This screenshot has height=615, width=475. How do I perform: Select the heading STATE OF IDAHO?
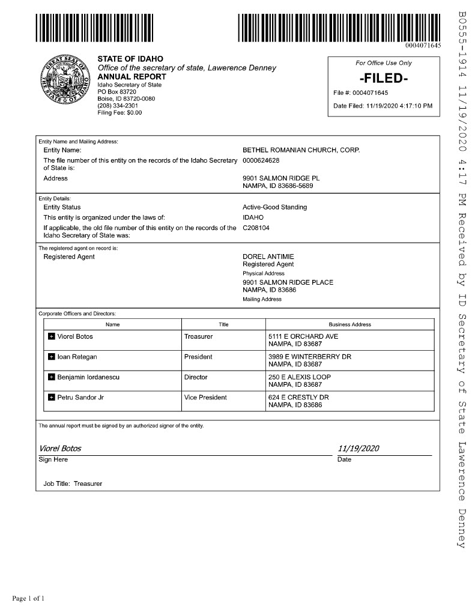coord(130,59)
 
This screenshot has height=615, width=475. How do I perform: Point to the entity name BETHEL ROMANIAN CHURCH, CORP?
coord(301,150)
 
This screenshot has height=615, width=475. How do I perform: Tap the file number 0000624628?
coord(261,160)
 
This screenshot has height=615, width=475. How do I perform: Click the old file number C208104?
coord(256,228)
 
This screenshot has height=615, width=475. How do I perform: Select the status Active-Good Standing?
coord(274,207)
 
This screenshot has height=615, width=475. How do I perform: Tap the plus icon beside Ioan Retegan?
coord(51,357)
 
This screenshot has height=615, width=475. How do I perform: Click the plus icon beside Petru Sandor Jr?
coord(51,398)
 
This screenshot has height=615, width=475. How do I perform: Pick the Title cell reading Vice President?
coord(205,398)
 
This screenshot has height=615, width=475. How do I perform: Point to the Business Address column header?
coord(349,324)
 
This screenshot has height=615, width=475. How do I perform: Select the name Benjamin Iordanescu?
coord(87,377)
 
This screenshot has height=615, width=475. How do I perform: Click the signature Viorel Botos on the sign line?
coord(60,449)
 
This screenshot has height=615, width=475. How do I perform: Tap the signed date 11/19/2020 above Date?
coord(359,449)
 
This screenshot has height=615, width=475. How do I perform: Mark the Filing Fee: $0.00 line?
coord(120,112)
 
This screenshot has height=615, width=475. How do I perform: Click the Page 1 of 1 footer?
coord(28,598)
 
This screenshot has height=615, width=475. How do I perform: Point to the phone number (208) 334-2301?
coord(118,105)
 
